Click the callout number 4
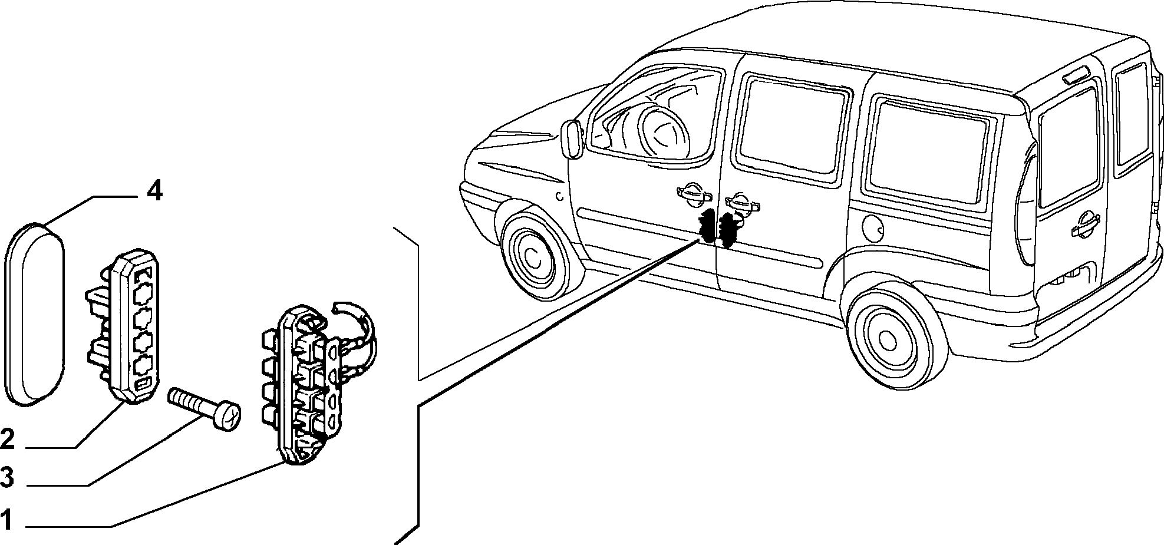(x=154, y=191)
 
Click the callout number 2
(x=8, y=438)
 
